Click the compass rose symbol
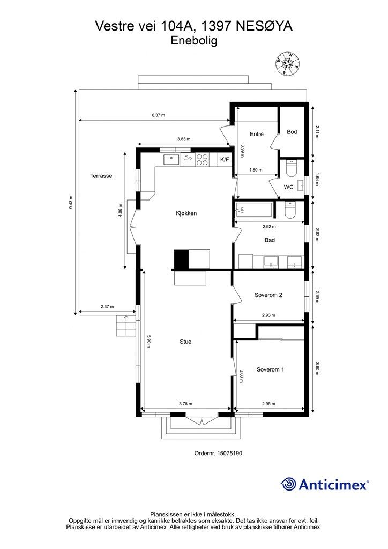point(288,63)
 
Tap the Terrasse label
point(101,176)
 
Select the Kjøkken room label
point(186,213)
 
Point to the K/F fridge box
point(224,159)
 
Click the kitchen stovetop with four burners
point(203,159)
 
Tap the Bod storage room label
point(292,132)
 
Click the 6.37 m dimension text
point(158,115)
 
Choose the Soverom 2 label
point(268,295)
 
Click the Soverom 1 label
point(270,369)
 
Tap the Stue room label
point(185,342)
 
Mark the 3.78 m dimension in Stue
point(185,404)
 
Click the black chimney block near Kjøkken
point(182,260)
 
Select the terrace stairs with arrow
point(125,325)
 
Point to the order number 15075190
point(218,453)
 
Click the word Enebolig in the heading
point(194,40)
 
